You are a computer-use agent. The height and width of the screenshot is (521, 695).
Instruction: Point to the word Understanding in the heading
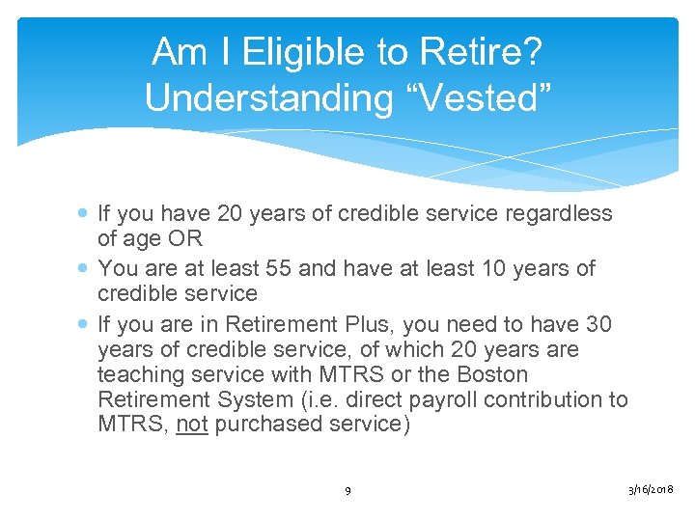pyautogui.click(x=263, y=97)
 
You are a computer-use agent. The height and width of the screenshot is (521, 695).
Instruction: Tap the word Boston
pyautogui.click(x=491, y=373)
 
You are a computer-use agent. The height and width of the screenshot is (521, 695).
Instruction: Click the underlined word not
pyautogui.click(x=192, y=425)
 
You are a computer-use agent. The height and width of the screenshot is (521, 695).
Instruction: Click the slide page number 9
pyautogui.click(x=348, y=491)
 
